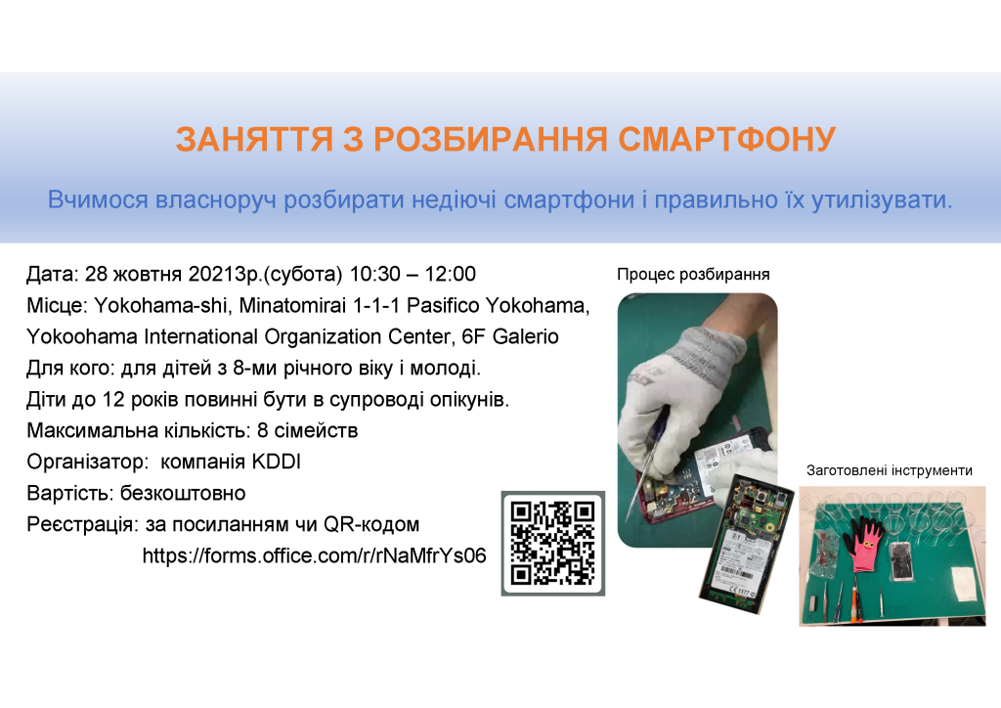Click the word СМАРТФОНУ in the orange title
tap(726, 139)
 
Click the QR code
tap(553, 544)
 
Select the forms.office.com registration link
tap(314, 555)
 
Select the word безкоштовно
tap(183, 493)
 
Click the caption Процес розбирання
tap(693, 275)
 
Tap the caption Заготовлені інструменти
tap(890, 470)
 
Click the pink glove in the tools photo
tap(866, 542)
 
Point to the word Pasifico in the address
tap(444, 305)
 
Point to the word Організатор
tap(87, 462)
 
